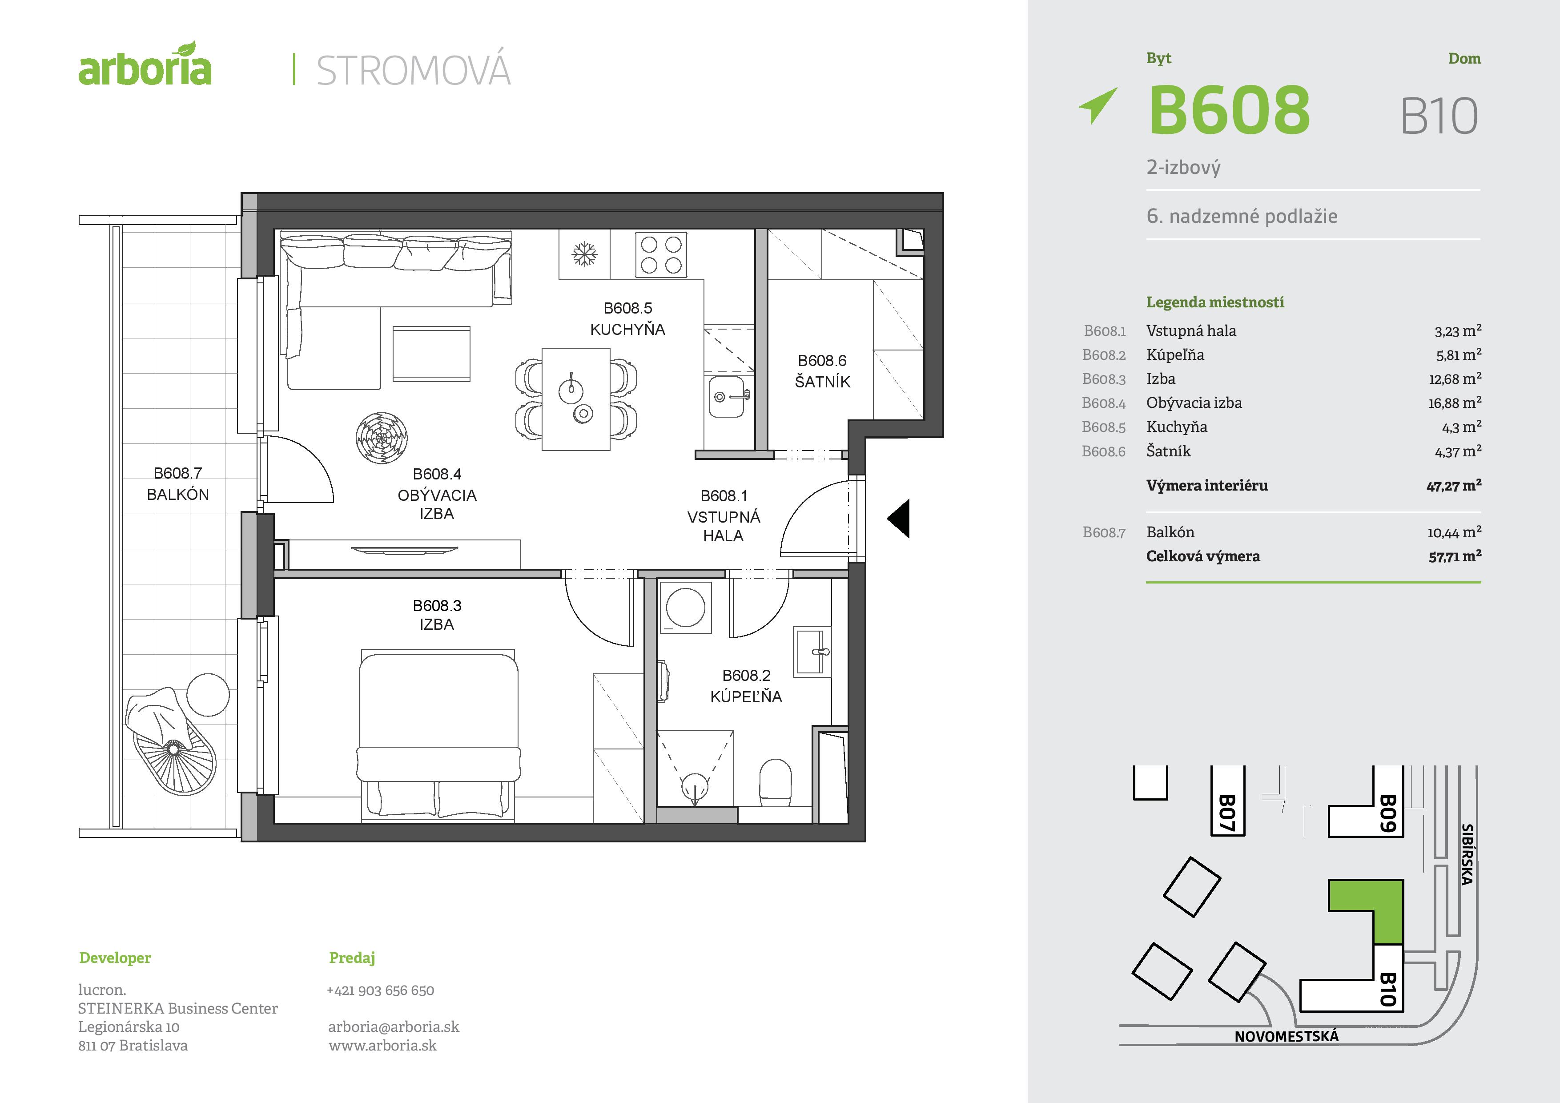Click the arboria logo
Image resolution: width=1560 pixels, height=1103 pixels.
[x=145, y=66]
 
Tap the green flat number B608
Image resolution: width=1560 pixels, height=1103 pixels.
[x=1228, y=110]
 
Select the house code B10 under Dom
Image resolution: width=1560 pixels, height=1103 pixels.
[x=1439, y=116]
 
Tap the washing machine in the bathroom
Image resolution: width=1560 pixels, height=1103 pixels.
[x=686, y=608]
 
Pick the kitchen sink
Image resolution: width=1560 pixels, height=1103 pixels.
[x=727, y=396]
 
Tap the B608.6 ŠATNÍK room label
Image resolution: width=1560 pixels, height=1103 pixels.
[x=822, y=371]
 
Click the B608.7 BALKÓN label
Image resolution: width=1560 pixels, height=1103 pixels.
[x=178, y=483]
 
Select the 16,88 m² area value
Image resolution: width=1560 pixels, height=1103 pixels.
[x=1454, y=403]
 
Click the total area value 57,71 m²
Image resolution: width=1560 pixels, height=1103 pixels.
[x=1454, y=556]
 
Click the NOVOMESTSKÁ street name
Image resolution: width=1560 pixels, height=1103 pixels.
[x=1286, y=1036]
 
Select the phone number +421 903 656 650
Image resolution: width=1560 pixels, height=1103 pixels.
[x=381, y=990]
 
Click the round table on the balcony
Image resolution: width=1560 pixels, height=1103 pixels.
[x=208, y=695]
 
